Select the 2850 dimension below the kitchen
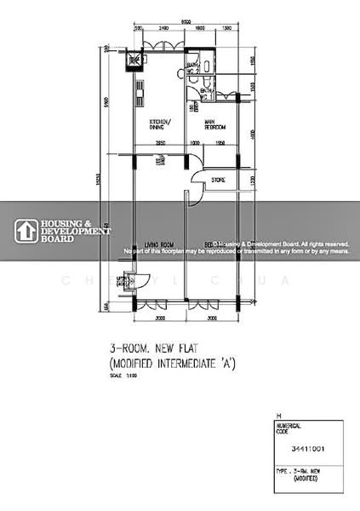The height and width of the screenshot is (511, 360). click(x=160, y=143)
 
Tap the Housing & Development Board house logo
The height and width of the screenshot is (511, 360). click(x=26, y=230)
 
